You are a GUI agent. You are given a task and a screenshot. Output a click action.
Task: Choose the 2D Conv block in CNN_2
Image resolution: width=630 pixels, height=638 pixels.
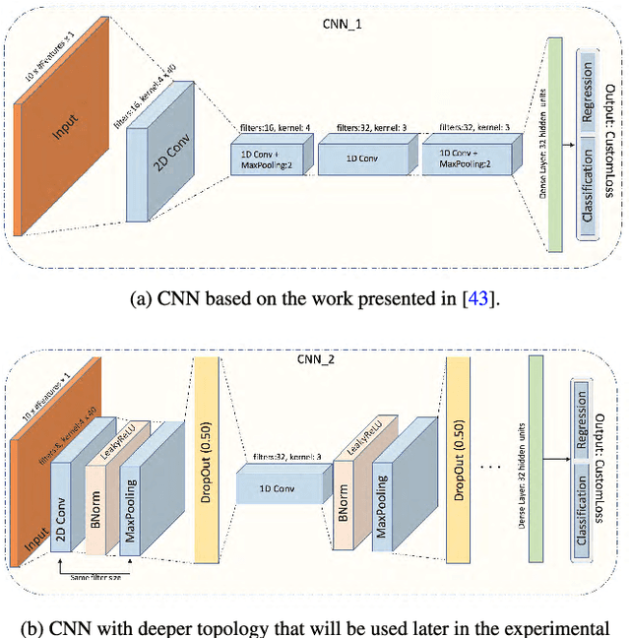point(66,502)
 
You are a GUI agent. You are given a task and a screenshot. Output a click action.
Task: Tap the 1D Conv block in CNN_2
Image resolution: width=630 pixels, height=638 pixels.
point(279,488)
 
